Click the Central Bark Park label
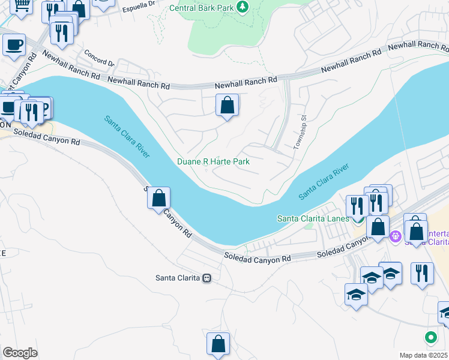click(x=201, y=8)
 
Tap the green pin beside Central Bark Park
click(x=242, y=7)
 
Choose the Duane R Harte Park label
click(x=213, y=162)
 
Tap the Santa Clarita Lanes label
click(x=312, y=218)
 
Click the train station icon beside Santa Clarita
click(x=206, y=278)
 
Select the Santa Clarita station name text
click(x=178, y=278)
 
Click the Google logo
click(x=20, y=352)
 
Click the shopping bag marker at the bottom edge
click(x=218, y=344)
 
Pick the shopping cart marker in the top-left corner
click(x=22, y=6)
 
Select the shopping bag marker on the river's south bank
click(x=159, y=198)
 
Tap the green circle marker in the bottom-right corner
click(x=430, y=337)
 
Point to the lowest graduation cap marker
click(x=356, y=295)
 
